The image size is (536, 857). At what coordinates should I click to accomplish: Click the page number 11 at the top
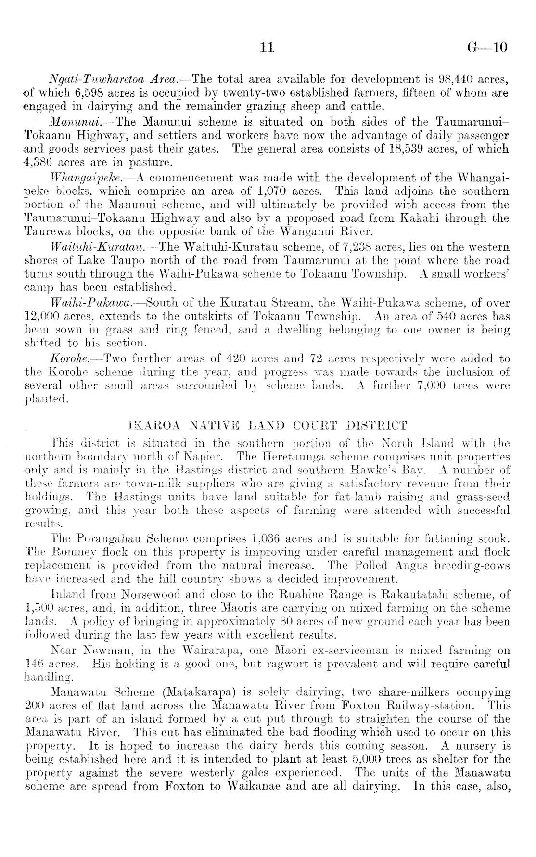coord(266,48)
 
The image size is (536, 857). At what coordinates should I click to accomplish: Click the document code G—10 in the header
coord(486,48)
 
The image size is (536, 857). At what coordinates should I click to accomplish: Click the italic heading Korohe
coord(67,359)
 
